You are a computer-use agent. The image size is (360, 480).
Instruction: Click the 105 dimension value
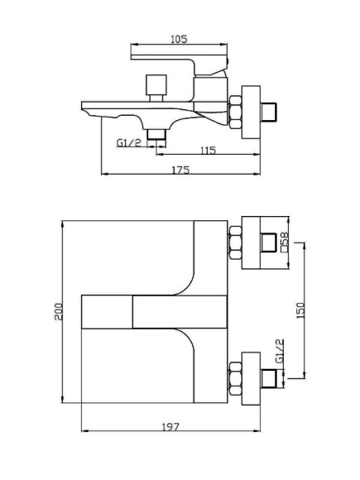(179, 39)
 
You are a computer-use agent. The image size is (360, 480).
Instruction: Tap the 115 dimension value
(209, 151)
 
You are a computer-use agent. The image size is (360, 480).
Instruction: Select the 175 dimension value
(180, 170)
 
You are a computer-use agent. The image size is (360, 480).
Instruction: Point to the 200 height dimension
(58, 312)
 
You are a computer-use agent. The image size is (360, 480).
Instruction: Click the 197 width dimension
(170, 427)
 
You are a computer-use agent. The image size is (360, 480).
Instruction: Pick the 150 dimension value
(300, 310)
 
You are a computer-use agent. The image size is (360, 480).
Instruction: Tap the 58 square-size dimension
(285, 238)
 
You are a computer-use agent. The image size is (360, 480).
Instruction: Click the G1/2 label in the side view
(129, 142)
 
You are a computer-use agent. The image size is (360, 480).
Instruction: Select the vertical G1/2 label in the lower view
(280, 351)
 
